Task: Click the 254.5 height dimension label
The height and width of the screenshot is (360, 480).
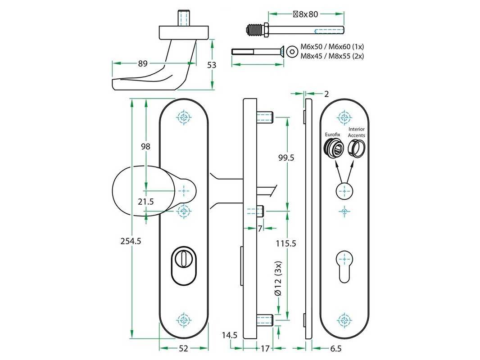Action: click(x=131, y=241)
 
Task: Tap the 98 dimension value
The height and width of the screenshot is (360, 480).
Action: click(x=145, y=146)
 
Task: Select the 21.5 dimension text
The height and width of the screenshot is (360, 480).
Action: click(x=146, y=202)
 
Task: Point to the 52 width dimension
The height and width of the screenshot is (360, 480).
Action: click(x=184, y=348)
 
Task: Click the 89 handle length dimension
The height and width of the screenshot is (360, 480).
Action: click(x=142, y=64)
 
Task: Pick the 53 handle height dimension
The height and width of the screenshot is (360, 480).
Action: click(x=212, y=65)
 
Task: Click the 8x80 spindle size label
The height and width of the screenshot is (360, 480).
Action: click(x=306, y=14)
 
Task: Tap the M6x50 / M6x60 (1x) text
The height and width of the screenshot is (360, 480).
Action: click(x=332, y=47)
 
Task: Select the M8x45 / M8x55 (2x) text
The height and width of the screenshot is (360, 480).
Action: click(x=332, y=56)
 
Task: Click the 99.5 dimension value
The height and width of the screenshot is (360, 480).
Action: click(x=286, y=157)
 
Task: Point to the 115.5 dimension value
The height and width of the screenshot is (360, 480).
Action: click(x=286, y=243)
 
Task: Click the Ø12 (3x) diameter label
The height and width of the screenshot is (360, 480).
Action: click(x=278, y=279)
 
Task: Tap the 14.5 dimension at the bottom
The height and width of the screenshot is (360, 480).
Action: click(x=229, y=335)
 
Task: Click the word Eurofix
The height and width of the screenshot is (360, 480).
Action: click(x=332, y=135)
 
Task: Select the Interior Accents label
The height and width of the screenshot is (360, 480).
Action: click(x=357, y=132)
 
